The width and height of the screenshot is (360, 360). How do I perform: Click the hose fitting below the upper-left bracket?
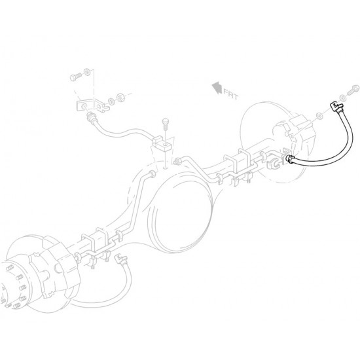click(x=92, y=118)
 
